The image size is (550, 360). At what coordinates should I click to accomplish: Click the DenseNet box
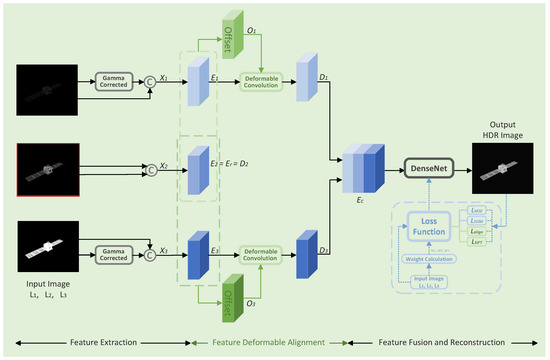(x=431, y=170)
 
